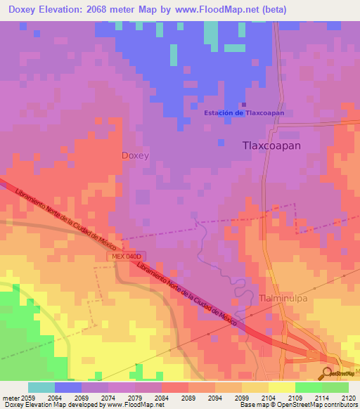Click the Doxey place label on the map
(135, 155)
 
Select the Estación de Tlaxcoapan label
(244, 112)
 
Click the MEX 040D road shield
(127, 257)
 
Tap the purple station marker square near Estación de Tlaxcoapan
(244, 105)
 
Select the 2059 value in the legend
(27, 398)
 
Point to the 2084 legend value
(162, 398)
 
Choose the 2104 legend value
(269, 398)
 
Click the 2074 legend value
(108, 398)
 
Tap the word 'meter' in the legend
(10, 398)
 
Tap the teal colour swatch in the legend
(41, 387)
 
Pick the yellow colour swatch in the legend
(281, 387)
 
